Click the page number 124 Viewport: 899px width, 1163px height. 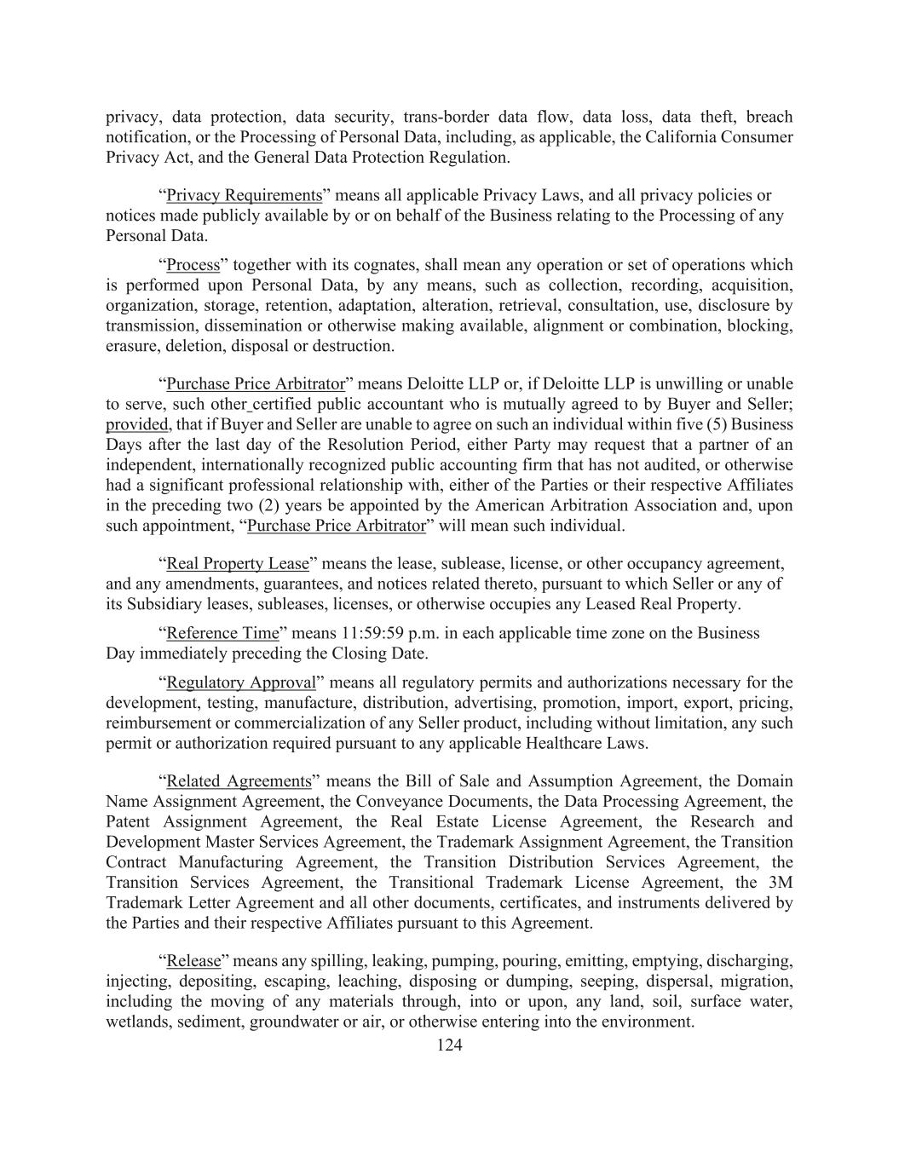pos(449,1045)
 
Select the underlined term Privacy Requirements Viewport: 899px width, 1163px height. pos(245,195)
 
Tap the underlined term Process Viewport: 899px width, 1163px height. pos(193,265)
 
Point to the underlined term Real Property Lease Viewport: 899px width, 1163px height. pos(238,564)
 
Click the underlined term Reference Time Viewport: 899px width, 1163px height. pos(222,633)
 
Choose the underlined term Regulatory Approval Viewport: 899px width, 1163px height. pos(241,682)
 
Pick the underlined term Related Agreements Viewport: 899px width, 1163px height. pos(239,781)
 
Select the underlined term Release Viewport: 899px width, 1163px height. pos(193,961)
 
